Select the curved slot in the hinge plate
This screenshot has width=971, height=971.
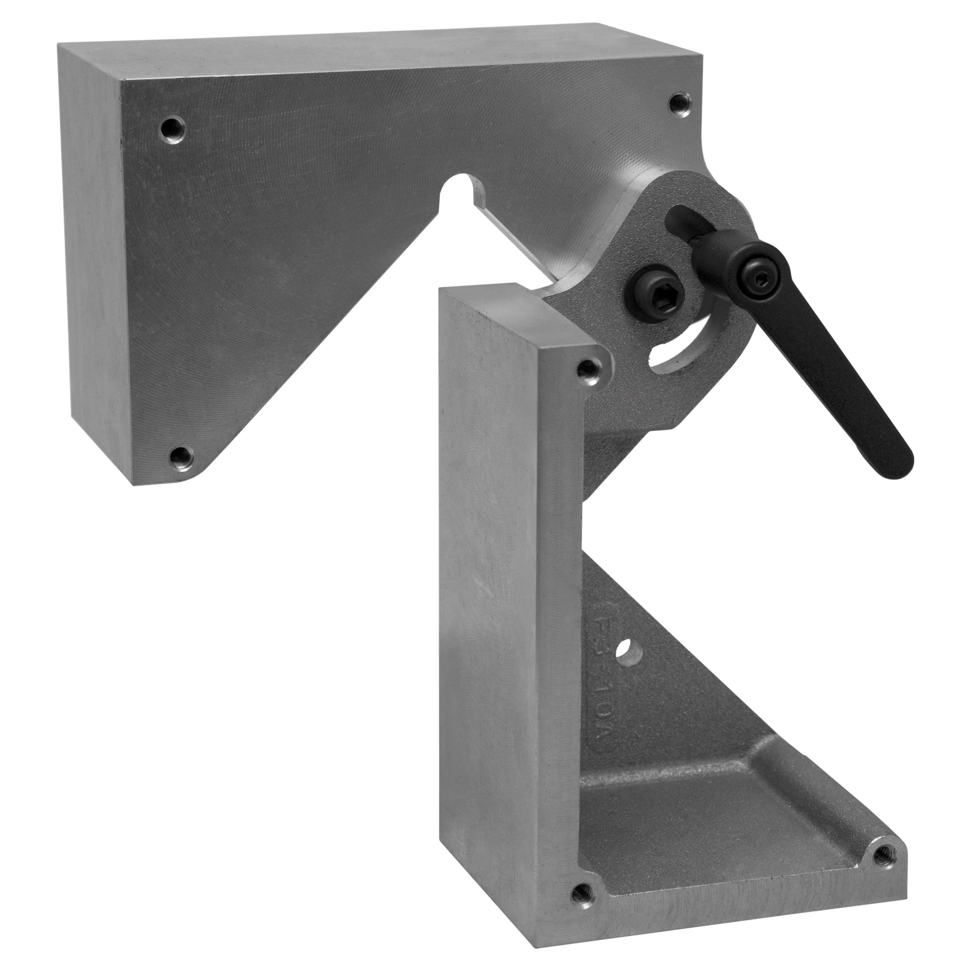674,352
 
